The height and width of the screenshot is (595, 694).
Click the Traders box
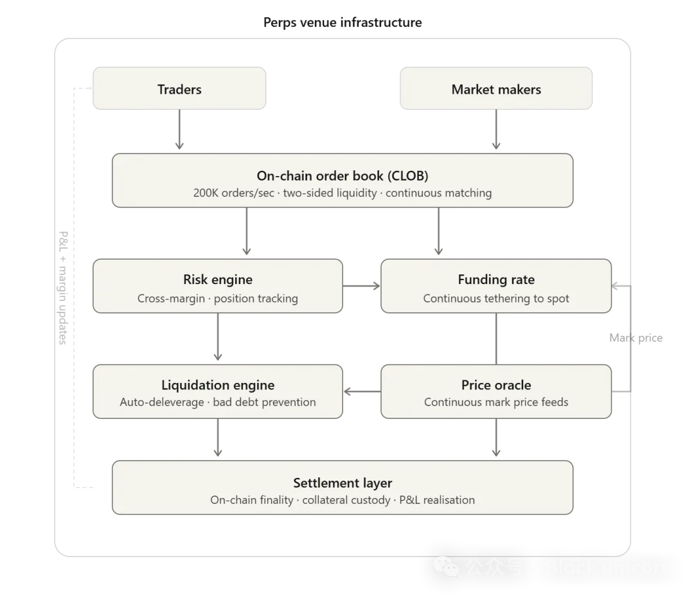click(x=179, y=89)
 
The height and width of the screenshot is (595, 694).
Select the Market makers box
click(x=496, y=89)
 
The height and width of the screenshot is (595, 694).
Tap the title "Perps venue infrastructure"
click(x=343, y=22)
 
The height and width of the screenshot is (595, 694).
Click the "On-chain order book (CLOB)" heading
click(x=343, y=176)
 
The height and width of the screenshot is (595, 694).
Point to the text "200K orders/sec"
click(x=234, y=193)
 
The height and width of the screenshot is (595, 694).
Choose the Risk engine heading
click(x=218, y=280)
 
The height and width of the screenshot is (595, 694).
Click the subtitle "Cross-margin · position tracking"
click(x=218, y=298)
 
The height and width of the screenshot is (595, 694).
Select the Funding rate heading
click(x=496, y=280)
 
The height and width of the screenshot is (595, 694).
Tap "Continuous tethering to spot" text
click(x=496, y=298)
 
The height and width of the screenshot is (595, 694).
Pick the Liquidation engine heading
click(x=218, y=385)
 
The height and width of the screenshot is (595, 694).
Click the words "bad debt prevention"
click(x=264, y=402)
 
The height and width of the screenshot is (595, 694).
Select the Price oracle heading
click(x=496, y=385)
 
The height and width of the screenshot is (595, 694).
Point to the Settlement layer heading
click(x=343, y=483)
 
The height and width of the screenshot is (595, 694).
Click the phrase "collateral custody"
click(x=346, y=500)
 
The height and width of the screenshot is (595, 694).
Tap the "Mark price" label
click(x=636, y=338)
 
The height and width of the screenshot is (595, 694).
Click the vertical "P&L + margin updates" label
click(x=63, y=288)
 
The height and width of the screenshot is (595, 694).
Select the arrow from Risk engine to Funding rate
click(x=361, y=286)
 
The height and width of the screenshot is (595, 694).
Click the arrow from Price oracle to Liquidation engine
click(x=362, y=391)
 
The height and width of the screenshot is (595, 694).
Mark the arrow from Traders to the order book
click(x=179, y=129)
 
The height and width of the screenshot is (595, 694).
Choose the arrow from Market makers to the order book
click(x=496, y=129)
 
